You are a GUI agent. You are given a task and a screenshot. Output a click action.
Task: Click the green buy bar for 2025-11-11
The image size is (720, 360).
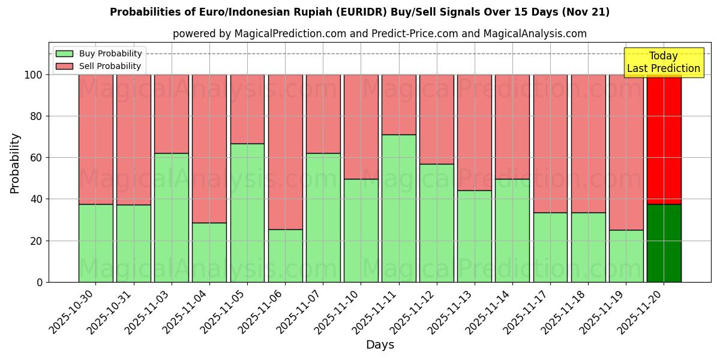click(x=399, y=208)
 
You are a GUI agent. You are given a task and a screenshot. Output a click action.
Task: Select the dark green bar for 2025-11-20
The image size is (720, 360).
click(x=664, y=243)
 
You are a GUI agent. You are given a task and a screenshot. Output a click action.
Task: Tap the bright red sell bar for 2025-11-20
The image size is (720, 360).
click(x=664, y=139)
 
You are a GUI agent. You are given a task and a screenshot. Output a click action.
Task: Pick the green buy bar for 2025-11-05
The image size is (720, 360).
click(x=247, y=212)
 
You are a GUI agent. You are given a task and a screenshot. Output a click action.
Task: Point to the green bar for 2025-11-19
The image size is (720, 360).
click(x=626, y=256)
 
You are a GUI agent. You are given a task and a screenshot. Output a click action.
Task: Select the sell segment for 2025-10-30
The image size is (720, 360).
click(x=95, y=139)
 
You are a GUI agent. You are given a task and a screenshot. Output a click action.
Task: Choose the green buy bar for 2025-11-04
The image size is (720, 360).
click(x=209, y=252)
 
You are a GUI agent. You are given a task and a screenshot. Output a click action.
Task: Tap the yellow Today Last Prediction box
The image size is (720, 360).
click(x=664, y=62)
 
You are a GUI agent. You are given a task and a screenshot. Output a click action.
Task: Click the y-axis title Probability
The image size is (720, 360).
click(x=15, y=163)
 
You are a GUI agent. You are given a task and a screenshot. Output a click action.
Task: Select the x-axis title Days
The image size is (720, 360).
click(x=380, y=345)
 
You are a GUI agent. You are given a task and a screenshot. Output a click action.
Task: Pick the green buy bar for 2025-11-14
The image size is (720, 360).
click(x=512, y=230)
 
